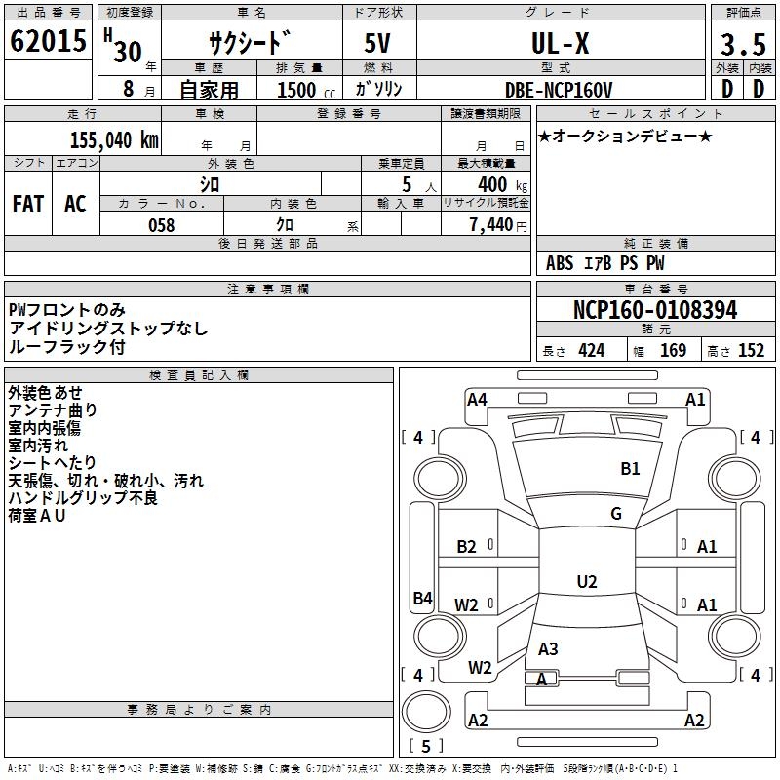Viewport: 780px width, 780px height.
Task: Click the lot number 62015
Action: [x=47, y=43]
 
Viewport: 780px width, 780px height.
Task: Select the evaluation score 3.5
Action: [x=740, y=45]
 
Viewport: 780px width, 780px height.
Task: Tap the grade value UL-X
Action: [x=559, y=45]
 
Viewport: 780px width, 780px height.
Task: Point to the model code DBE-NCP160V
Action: [x=559, y=90]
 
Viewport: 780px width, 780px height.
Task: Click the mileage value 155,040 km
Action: [x=114, y=140]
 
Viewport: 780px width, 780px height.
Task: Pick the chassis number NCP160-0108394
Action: [x=655, y=311]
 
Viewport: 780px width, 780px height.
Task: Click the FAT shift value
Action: [x=28, y=204]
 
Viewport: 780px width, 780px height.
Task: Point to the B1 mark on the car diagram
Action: [x=631, y=469]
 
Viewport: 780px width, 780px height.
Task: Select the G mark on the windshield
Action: [x=616, y=514]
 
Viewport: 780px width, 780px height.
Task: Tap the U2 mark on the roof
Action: [x=587, y=582]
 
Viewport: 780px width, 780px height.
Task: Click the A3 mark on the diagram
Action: [x=548, y=648]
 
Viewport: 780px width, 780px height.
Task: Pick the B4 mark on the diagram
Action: [x=422, y=599]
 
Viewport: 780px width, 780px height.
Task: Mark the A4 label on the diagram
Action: [x=477, y=399]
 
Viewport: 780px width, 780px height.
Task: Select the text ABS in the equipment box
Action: [x=560, y=263]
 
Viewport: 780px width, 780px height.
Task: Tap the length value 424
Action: [x=591, y=351]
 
